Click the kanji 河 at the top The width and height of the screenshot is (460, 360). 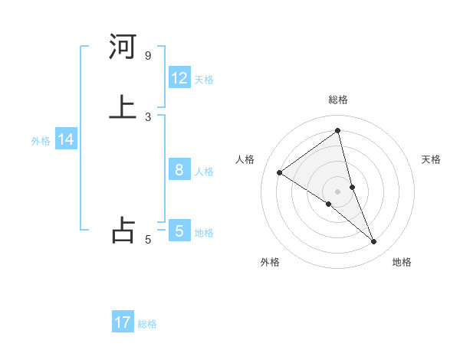click(123, 47)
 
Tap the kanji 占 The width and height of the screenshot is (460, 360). click(123, 230)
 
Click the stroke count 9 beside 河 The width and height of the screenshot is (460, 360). click(147, 56)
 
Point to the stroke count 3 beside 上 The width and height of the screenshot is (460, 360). click(147, 116)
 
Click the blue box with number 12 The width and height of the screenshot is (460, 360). click(179, 78)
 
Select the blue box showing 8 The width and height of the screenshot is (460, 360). click(179, 170)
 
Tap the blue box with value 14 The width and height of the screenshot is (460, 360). click(66, 139)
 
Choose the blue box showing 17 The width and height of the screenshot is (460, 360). click(123, 322)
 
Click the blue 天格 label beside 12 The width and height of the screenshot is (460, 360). click(204, 80)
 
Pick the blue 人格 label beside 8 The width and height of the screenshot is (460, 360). click(204, 172)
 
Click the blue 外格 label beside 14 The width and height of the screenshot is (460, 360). click(41, 141)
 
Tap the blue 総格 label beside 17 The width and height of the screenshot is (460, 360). click(147, 324)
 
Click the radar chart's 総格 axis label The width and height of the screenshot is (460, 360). click(338, 100)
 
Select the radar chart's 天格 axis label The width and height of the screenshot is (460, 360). click(432, 159)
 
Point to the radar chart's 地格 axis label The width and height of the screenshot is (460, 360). click(402, 262)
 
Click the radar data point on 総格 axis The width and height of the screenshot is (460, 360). click(338, 131)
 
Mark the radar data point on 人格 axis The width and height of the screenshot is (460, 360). click(280, 172)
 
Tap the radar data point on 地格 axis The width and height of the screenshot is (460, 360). click(374, 242)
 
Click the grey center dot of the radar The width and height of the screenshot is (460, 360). click(338, 191)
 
